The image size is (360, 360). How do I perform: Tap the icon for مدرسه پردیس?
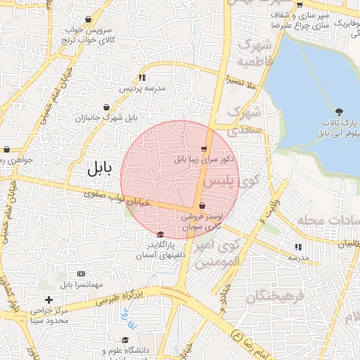click(142, 77)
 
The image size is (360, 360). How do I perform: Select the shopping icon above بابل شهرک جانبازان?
click(106, 107)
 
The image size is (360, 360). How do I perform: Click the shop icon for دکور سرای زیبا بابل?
click(204, 148)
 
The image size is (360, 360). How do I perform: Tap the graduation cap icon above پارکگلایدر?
click(160, 234)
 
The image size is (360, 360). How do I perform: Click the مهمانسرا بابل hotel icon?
click(81, 273)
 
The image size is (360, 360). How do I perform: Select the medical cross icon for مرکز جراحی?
click(48, 300)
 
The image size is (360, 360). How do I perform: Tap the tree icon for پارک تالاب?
click(340, 112)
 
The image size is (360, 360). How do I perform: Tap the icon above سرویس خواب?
click(87, 20)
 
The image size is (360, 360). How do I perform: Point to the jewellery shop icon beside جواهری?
click(6, 149)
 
